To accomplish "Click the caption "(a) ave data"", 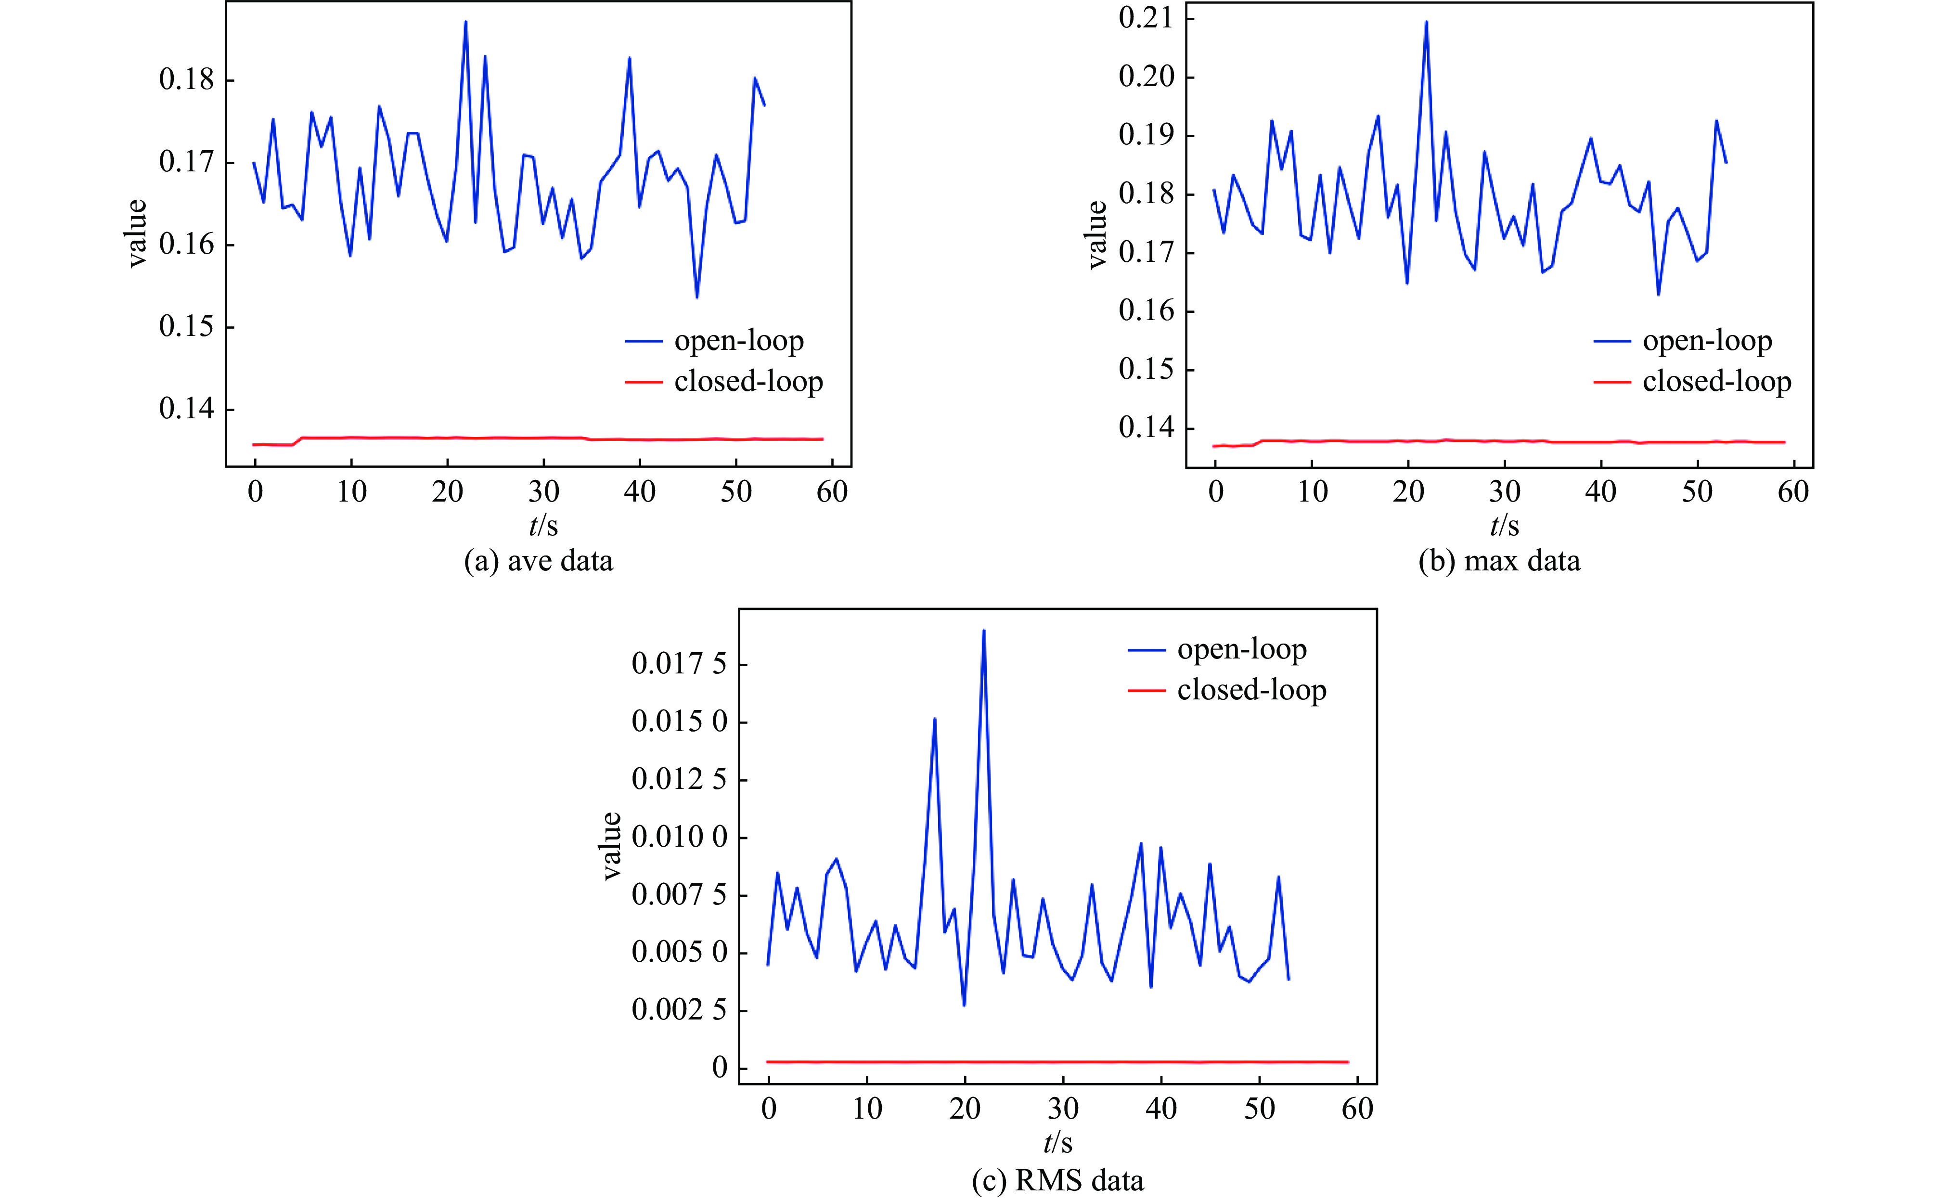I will coord(538,561).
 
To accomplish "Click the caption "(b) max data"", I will coord(1499,561).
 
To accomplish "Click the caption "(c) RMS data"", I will coord(1058,1180).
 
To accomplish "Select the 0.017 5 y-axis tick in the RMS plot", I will coord(679,663).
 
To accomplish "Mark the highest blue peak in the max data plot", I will coord(1426,22).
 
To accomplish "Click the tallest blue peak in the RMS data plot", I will coord(983,631).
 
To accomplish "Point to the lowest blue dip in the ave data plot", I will coord(696,297).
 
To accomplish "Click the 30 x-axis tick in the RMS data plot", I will coord(1063,1108).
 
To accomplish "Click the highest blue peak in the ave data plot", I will coord(466,22).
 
